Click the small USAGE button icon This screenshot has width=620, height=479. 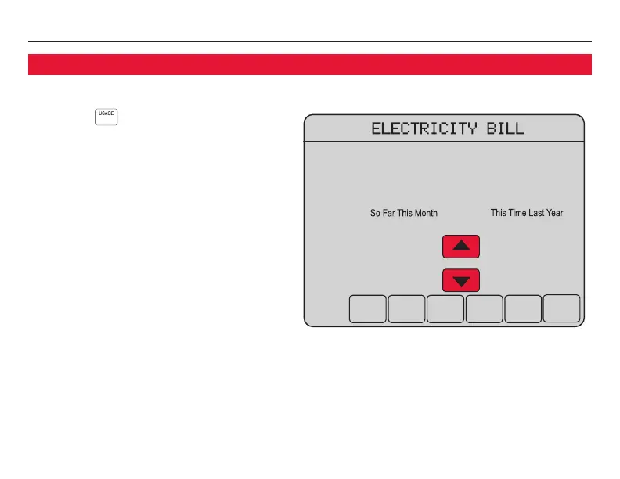(x=106, y=116)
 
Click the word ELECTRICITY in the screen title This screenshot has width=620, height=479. (x=418, y=129)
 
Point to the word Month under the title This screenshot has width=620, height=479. (x=425, y=213)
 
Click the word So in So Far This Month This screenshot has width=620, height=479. (x=375, y=213)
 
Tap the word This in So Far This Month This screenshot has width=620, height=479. (x=405, y=213)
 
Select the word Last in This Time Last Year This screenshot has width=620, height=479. (x=538, y=213)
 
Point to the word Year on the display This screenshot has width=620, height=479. (x=555, y=213)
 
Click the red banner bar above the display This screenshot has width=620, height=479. (x=309, y=64)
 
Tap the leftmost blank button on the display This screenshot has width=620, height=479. (x=367, y=308)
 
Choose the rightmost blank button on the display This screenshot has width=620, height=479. (x=562, y=308)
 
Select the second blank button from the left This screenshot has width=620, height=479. (x=406, y=308)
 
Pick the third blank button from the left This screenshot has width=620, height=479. (x=445, y=308)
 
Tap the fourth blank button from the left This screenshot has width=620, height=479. (x=485, y=308)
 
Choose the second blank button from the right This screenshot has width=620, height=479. (x=523, y=308)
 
